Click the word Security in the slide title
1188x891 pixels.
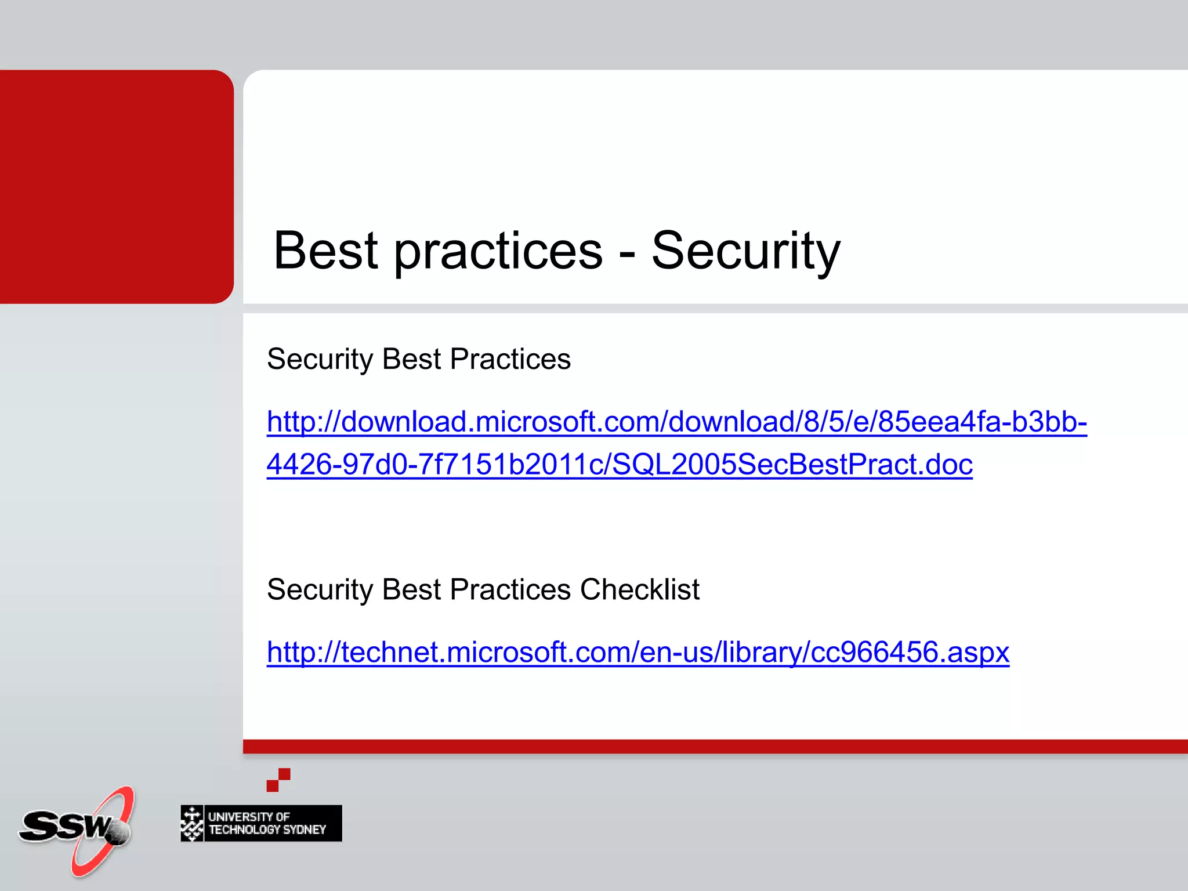tap(745, 251)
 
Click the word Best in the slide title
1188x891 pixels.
tap(325, 251)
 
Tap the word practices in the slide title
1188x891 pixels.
tap(498, 251)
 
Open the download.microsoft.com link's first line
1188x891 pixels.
tap(676, 422)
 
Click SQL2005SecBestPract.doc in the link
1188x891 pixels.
tap(792, 465)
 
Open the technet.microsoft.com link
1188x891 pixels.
tap(638, 652)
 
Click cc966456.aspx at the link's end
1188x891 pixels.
tap(910, 652)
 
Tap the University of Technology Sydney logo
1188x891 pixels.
tap(261, 823)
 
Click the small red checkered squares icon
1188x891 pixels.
tap(278, 780)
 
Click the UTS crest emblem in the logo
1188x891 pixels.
tap(192, 823)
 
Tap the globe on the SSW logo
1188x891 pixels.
tap(119, 833)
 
